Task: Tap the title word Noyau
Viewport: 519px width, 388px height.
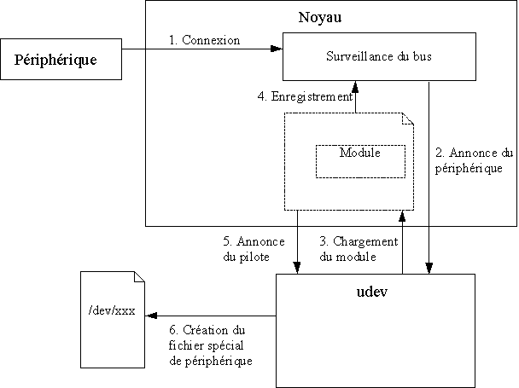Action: tap(318, 17)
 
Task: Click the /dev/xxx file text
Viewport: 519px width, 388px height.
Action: tap(111, 310)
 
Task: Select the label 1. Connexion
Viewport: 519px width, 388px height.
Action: tap(204, 40)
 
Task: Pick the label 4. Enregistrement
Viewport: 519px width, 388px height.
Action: tap(306, 96)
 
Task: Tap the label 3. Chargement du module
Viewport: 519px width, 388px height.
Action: tap(352, 248)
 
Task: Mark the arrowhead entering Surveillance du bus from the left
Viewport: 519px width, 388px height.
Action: tap(277, 49)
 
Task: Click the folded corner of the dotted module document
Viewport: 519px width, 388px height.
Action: tap(407, 119)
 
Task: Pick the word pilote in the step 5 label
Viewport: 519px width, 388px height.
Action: tap(247, 256)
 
